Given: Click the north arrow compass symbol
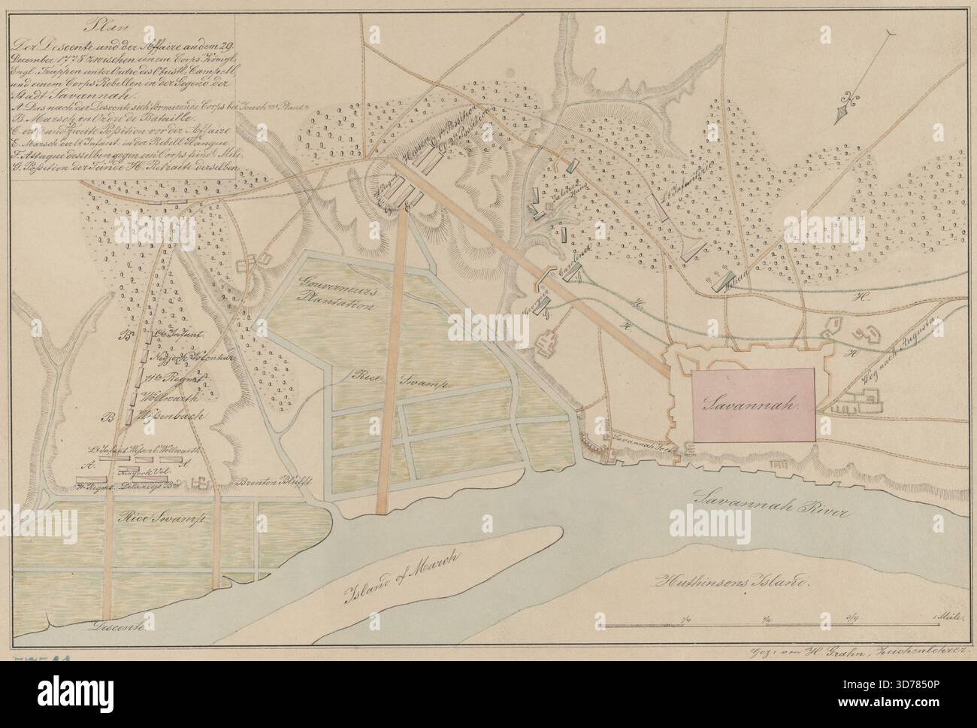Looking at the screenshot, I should [846, 109].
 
